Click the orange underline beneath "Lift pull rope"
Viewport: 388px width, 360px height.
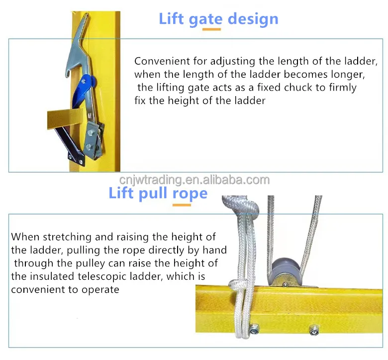(182, 204)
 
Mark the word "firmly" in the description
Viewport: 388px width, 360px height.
(342, 88)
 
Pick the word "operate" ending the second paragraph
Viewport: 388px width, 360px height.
(102, 289)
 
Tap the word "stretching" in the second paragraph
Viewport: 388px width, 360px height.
(58, 238)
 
